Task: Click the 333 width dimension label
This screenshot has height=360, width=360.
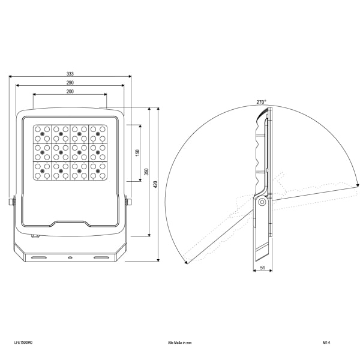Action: click(70, 74)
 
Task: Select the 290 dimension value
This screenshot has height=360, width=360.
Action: click(70, 83)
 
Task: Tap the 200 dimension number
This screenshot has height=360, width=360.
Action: click(70, 91)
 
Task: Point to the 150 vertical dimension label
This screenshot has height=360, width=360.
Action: click(137, 153)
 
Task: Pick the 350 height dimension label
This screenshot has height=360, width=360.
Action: click(146, 172)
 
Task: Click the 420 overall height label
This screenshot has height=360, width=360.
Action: click(155, 184)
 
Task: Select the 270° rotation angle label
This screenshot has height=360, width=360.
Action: click(261, 102)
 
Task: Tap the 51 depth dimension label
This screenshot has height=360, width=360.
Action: click(263, 268)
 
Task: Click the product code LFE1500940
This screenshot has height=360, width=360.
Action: click(23, 343)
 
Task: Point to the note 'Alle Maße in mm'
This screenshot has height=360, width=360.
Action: click(179, 343)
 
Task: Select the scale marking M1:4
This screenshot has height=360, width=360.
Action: click(326, 343)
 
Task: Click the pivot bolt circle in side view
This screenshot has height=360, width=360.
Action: click(262, 202)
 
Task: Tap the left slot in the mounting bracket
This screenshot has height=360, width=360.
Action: click(39, 258)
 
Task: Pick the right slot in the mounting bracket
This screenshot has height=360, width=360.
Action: click(101, 258)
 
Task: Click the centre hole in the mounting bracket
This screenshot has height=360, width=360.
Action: click(70, 258)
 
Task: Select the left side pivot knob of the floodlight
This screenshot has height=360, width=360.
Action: click(12, 202)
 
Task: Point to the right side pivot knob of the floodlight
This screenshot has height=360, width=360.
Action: click(128, 202)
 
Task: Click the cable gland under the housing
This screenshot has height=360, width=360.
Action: click(35, 236)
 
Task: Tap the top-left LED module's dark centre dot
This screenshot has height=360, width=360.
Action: click(42, 134)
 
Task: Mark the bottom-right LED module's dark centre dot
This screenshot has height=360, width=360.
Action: click(98, 171)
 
